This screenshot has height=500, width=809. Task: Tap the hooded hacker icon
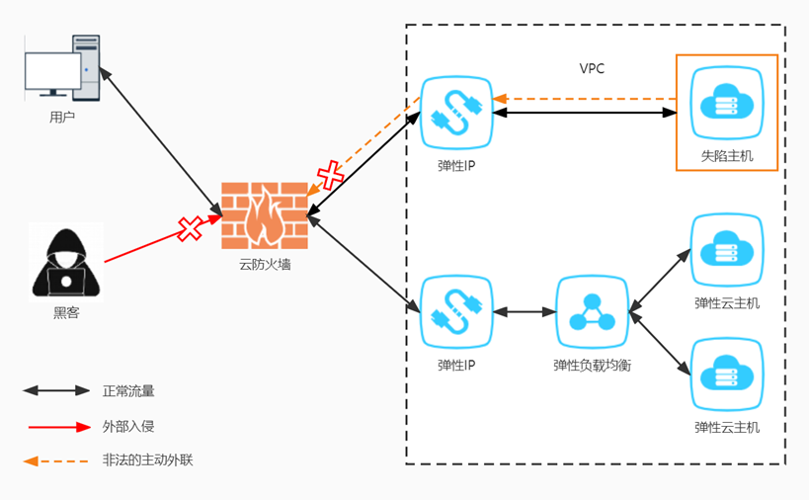66,261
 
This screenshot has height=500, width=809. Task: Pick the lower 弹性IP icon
456,311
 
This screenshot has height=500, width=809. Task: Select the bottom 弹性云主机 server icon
727,375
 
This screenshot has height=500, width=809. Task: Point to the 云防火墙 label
265,265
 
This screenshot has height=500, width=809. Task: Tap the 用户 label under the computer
62,117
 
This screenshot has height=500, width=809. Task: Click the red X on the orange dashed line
329,176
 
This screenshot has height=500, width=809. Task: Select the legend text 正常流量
128,391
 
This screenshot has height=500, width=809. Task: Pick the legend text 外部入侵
128,426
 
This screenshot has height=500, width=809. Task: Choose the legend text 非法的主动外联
147,460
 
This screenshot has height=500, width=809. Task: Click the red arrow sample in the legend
58,427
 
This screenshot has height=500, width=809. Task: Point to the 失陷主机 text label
727,155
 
